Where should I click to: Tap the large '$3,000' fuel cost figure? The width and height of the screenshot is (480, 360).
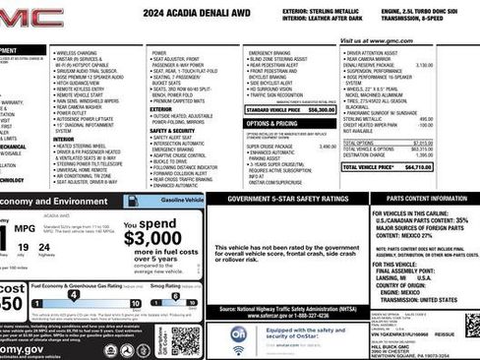tap(152, 238)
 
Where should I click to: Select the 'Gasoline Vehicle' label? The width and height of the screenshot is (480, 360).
tap(182, 200)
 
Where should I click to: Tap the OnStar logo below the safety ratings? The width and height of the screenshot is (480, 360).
tap(238, 335)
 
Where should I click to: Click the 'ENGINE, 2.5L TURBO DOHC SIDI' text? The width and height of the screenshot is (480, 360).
tap(434, 11)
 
